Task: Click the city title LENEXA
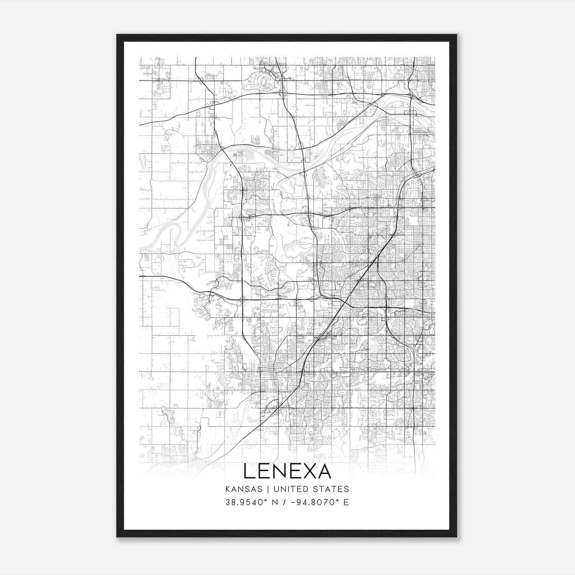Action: tap(287, 471)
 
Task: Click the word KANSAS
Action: tap(247, 489)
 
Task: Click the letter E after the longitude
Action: tap(346, 502)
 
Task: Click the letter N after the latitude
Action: tap(275, 502)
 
